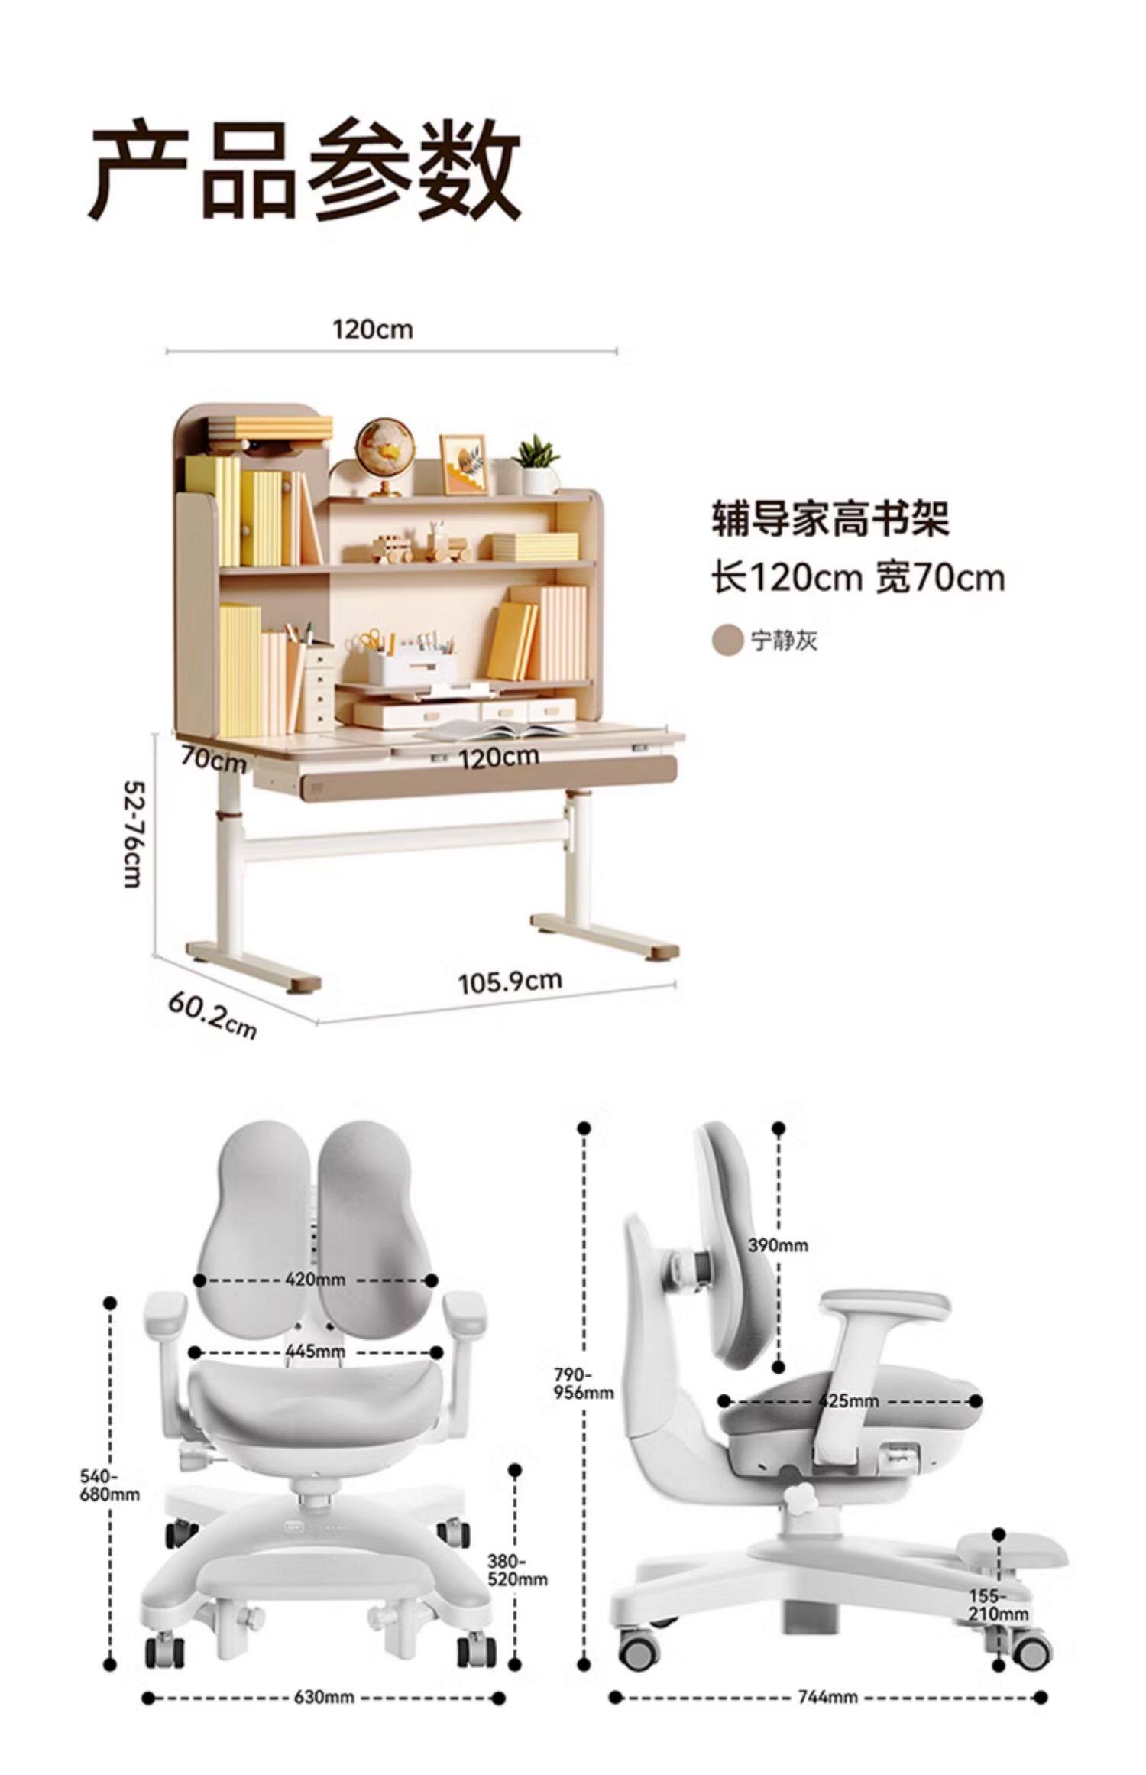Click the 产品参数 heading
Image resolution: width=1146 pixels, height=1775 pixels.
305,170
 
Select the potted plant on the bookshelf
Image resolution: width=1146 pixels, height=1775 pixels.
538,462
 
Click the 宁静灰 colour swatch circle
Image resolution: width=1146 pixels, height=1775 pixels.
727,639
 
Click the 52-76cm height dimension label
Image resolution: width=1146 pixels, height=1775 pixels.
134,832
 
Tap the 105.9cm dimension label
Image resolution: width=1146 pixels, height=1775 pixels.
510,981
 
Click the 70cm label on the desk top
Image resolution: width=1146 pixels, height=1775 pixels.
213,761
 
